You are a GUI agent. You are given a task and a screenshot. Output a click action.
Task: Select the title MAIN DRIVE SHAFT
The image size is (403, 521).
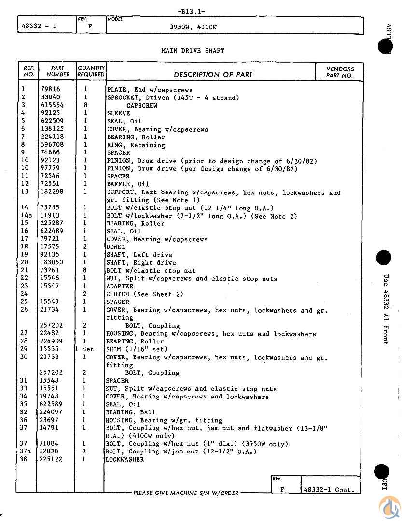193,50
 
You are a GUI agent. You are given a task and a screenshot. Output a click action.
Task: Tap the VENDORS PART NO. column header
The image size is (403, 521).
340,72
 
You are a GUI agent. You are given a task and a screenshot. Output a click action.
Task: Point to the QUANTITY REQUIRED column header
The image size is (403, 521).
91,71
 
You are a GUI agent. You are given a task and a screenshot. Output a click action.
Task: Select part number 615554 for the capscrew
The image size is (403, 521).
52,105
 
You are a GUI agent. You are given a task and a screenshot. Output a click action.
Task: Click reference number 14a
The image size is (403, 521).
27,216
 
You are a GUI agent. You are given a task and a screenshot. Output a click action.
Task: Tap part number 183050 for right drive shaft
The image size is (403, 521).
52,262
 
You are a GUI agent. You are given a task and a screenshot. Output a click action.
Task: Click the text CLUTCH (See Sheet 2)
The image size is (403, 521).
145,294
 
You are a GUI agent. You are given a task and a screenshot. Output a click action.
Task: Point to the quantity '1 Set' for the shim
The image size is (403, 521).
85,349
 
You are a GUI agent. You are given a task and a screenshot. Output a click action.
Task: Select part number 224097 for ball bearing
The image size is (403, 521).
52,412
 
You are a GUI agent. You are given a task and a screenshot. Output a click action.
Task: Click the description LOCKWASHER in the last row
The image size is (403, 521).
125,459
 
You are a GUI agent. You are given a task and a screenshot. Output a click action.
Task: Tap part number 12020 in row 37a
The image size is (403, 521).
50,451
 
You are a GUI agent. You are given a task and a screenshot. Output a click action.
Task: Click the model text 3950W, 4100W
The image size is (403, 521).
194,27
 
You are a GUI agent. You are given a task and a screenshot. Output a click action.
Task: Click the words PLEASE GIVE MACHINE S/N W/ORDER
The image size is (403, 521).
186,493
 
